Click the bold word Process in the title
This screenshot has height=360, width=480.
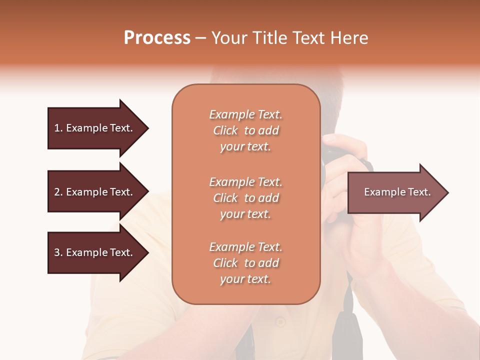(x=157, y=38)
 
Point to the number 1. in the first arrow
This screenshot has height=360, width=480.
(x=58, y=128)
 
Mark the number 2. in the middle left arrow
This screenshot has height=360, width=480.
(x=58, y=192)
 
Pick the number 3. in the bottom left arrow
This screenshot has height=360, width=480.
(x=58, y=252)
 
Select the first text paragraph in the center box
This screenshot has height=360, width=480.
(x=245, y=130)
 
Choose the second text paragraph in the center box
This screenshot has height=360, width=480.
(x=245, y=198)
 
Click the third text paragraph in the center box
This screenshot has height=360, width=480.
(x=245, y=263)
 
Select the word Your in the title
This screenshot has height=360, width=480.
(x=228, y=38)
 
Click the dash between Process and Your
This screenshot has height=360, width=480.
(x=200, y=38)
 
